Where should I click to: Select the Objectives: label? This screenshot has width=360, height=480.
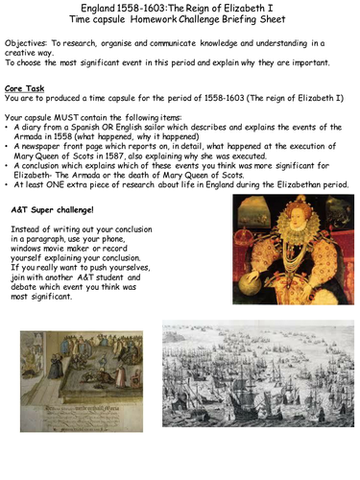30,44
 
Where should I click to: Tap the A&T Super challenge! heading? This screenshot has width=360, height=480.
56,207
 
